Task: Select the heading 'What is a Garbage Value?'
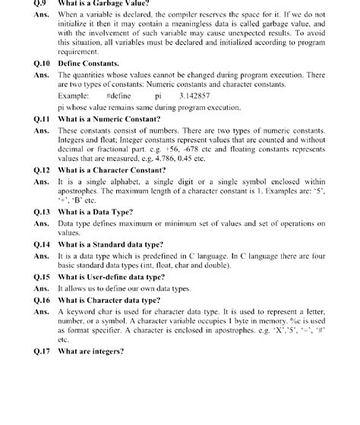pyautogui.click(x=105, y=3)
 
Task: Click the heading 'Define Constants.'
pyautogui.click(x=90, y=65)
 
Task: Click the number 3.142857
pyautogui.click(x=196, y=97)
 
